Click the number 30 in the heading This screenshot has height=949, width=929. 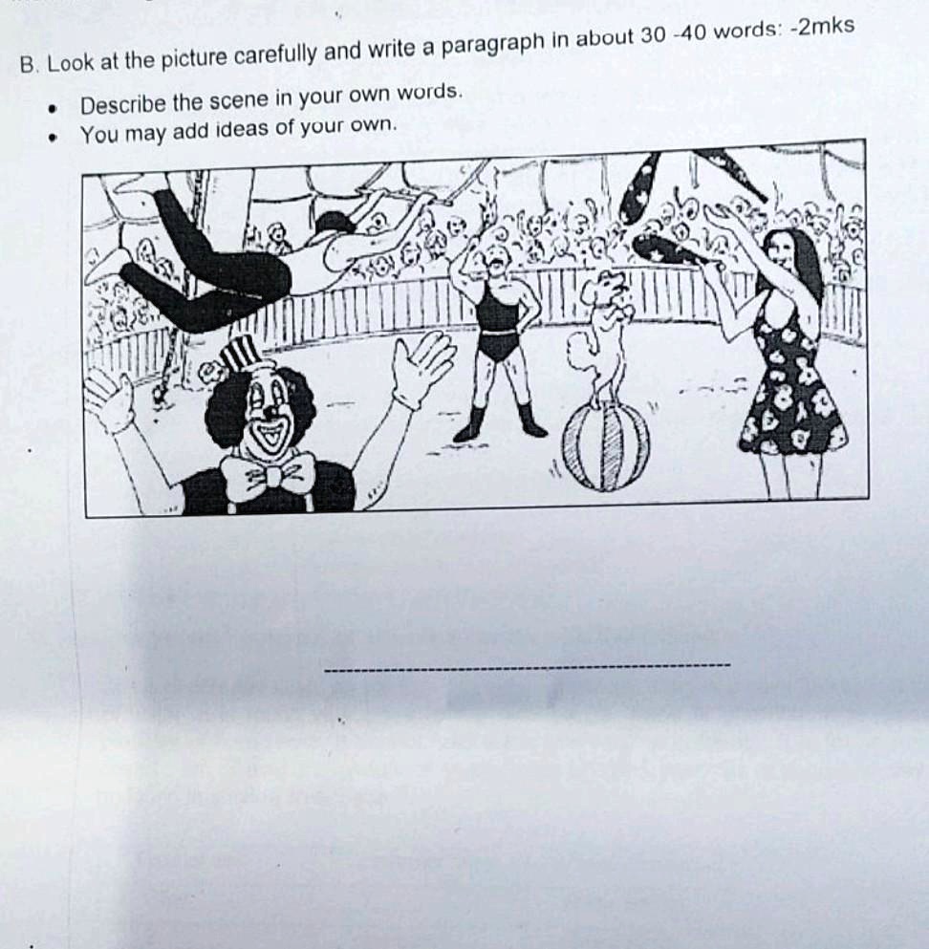[651, 36]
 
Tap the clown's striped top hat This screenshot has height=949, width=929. [240, 356]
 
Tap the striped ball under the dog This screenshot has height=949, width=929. [605, 445]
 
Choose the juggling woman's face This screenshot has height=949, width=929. [785, 250]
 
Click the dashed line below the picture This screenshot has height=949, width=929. [527, 666]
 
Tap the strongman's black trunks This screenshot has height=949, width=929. [498, 340]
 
